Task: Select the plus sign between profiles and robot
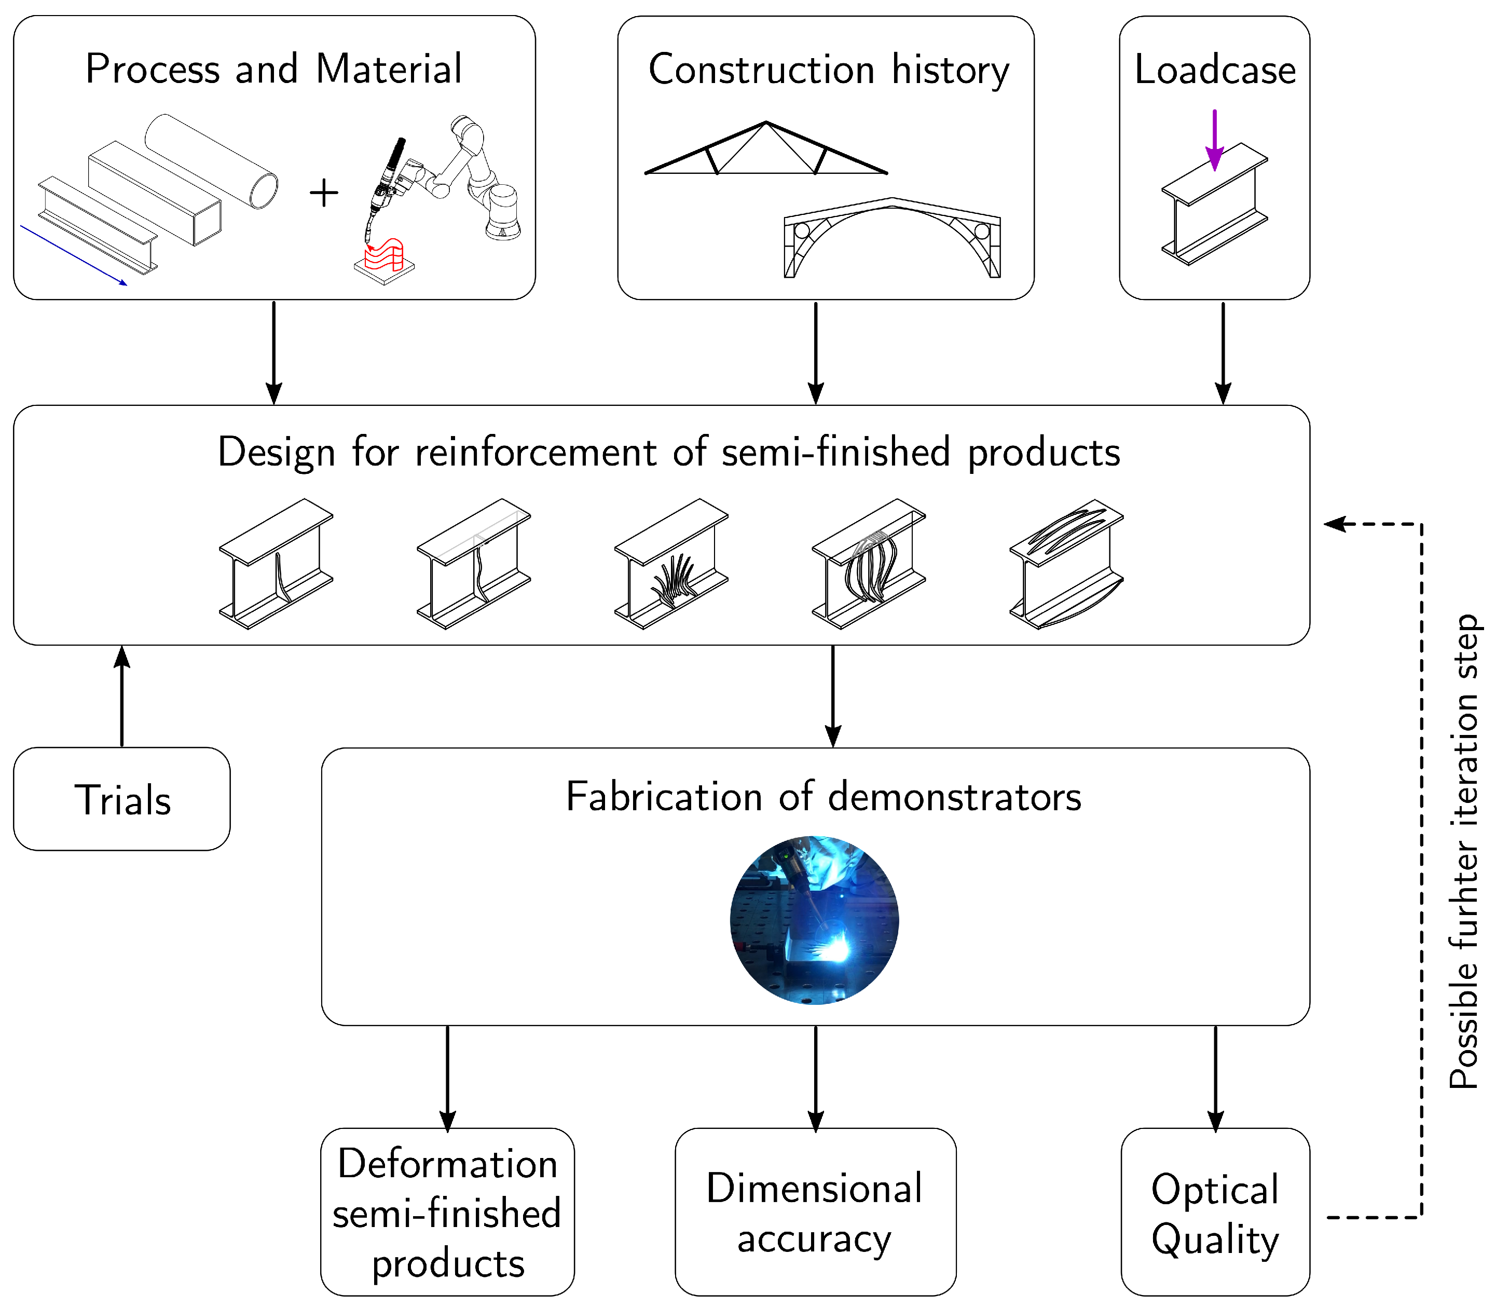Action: click(324, 194)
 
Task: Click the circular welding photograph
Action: click(814, 920)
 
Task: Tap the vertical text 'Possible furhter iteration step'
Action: click(1463, 852)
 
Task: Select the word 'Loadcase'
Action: click(1215, 70)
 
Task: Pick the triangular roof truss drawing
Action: click(765, 148)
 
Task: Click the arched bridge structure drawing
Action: click(892, 238)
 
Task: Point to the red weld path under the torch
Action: click(385, 254)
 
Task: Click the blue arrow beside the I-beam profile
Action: click(74, 255)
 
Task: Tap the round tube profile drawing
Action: click(211, 161)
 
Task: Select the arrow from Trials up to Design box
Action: click(122, 696)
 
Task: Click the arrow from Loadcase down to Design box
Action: click(1223, 352)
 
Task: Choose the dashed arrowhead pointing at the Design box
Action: click(1334, 524)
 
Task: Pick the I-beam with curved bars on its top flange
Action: click(1066, 564)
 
